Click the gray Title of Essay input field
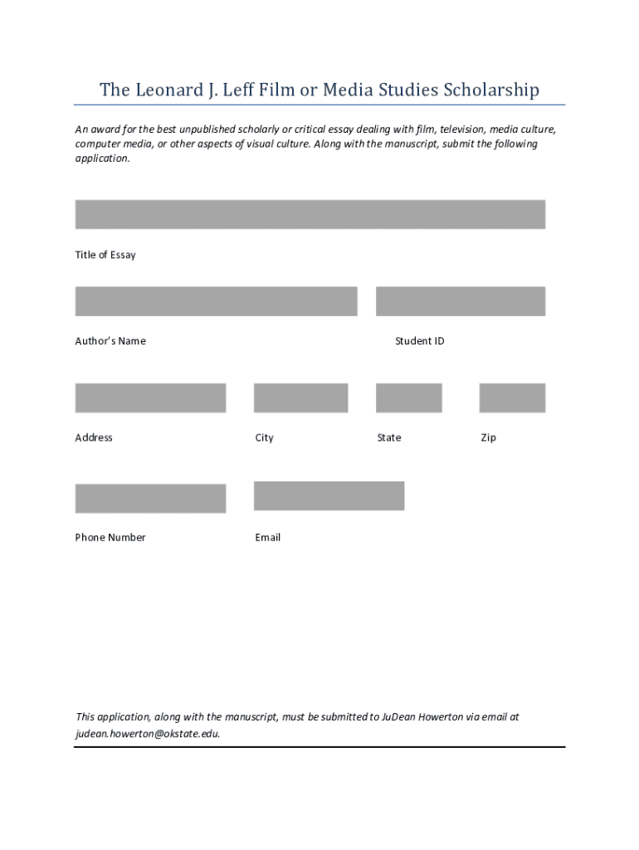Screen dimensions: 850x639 coord(310,214)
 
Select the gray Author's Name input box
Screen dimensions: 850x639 coord(216,301)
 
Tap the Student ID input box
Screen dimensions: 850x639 coord(460,301)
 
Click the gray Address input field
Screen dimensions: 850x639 coord(150,398)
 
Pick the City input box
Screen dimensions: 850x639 coord(300,398)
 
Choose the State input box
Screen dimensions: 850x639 coord(408,398)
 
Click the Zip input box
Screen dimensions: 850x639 coord(512,398)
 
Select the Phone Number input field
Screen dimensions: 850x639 coord(150,498)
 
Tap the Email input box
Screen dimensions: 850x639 coord(329,496)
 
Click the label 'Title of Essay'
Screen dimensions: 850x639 coord(105,255)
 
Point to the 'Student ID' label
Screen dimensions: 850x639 coord(420,341)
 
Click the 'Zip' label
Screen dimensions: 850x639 coord(488,437)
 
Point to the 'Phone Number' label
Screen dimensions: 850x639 coord(110,537)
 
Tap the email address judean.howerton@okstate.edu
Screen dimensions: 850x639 coord(148,734)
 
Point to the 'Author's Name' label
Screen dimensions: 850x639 coord(110,341)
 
